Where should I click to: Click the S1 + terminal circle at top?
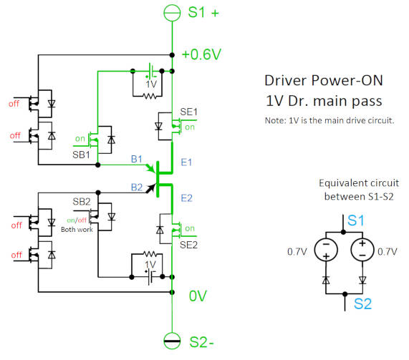point(172,12)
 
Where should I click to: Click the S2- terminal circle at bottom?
point(172,341)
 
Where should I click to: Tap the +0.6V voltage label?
point(201,54)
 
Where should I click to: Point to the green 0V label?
point(198,296)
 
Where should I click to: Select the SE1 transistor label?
point(188,112)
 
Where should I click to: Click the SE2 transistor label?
point(188,245)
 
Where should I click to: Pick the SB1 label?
point(81,155)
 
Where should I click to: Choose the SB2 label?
point(82,202)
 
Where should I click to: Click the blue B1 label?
point(136,159)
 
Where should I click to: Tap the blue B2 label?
point(137,188)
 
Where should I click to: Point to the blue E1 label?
point(186,162)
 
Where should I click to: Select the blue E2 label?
point(186,198)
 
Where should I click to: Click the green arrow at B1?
point(150,168)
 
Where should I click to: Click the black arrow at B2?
point(150,188)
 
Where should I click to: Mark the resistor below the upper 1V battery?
point(150,97)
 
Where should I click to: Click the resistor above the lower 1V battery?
point(150,254)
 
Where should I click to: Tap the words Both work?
point(77,230)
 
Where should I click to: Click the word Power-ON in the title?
point(347,80)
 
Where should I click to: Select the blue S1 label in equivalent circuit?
point(355,220)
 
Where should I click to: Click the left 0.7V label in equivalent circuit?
point(297,251)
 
